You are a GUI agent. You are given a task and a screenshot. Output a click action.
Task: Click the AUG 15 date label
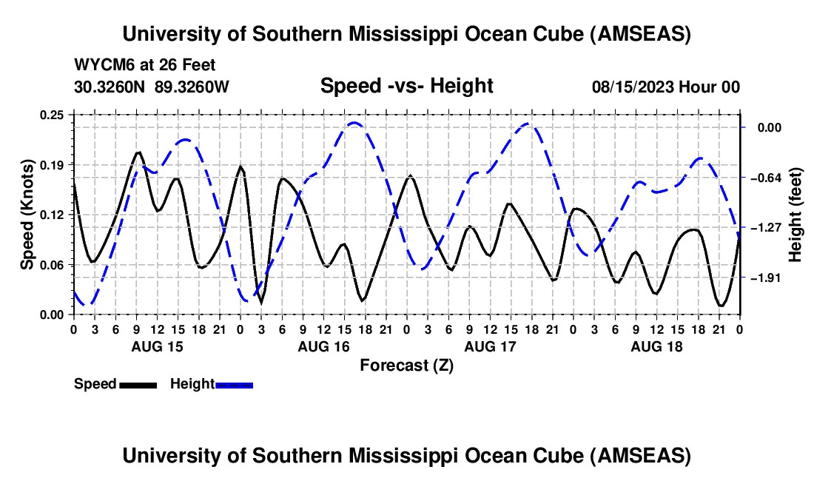point(156,346)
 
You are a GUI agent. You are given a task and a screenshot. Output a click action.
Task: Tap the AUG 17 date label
point(489,346)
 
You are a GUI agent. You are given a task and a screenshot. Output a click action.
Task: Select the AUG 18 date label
point(656,346)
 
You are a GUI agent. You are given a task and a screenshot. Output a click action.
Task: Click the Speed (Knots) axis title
point(27,215)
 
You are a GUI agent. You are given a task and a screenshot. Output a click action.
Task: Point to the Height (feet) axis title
point(795,215)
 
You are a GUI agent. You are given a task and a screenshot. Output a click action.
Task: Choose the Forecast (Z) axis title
point(406,365)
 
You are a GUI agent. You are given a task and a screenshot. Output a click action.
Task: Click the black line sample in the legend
point(138,385)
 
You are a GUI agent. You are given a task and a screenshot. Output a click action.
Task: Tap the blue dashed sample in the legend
point(235,385)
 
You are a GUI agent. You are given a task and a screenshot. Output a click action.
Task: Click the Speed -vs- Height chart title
point(406,86)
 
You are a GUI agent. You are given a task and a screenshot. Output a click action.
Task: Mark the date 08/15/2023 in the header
point(633,87)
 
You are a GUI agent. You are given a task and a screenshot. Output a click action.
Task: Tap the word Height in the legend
point(192,384)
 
